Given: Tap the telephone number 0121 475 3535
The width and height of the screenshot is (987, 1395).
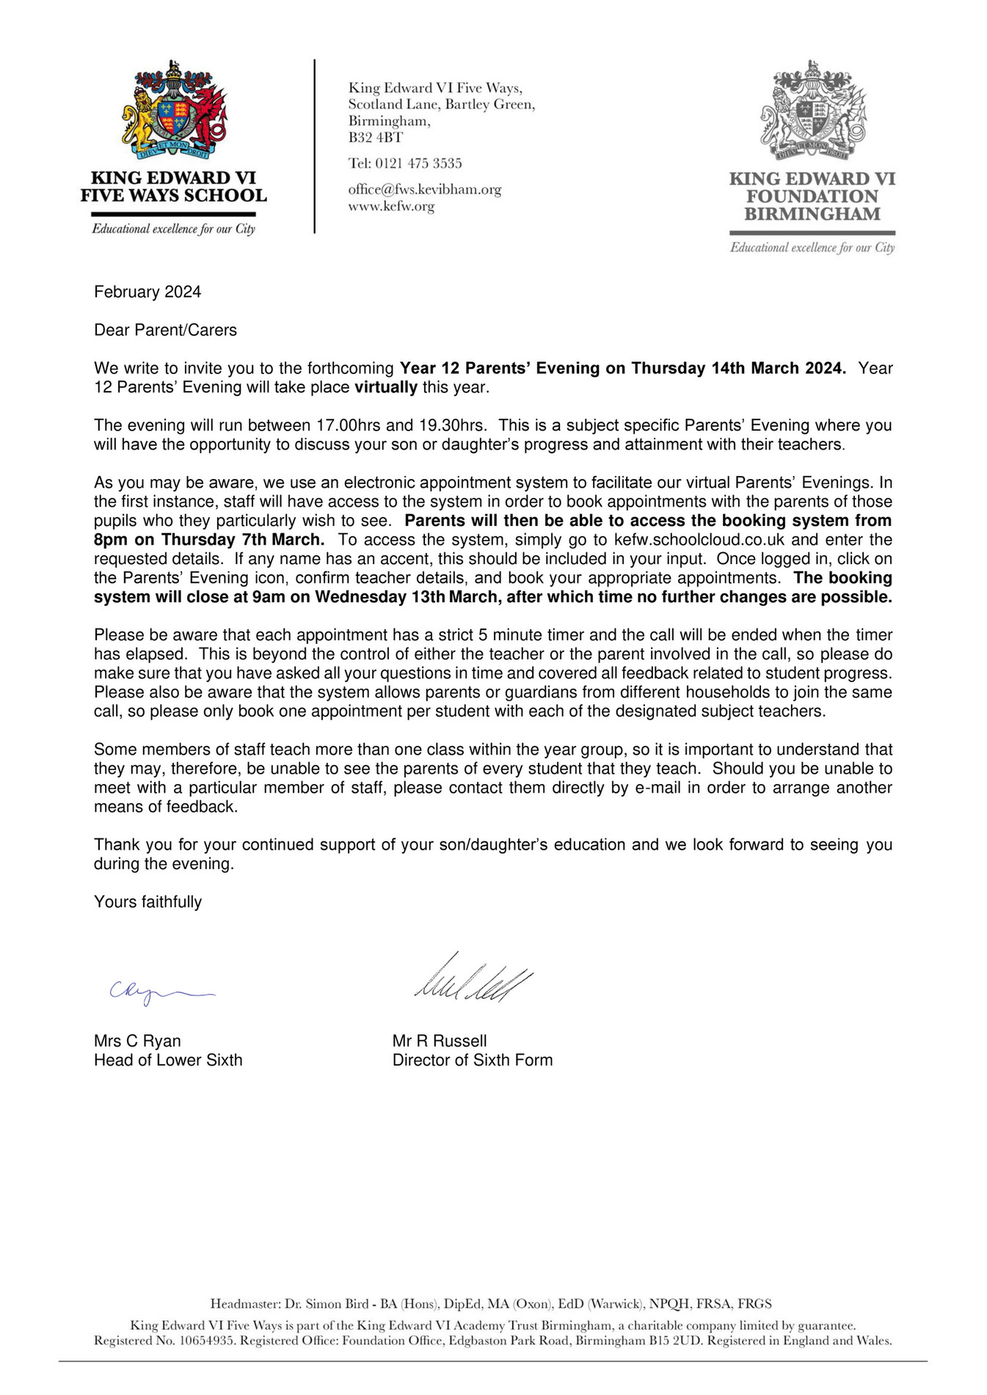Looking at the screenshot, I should tap(418, 164).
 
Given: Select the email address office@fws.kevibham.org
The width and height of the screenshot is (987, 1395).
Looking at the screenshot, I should tap(424, 189).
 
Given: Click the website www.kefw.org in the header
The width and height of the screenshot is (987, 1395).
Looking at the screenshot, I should tap(391, 207).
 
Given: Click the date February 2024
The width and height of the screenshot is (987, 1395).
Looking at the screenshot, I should tap(147, 292).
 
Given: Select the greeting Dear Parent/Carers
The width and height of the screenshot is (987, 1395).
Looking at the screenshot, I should tap(165, 330).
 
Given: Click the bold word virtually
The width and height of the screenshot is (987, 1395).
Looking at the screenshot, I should tap(386, 387).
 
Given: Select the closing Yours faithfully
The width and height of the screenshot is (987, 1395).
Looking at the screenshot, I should tap(147, 902).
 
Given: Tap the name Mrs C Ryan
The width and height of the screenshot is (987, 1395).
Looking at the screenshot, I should tap(137, 1041).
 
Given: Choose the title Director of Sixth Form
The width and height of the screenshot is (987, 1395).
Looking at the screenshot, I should tap(473, 1060).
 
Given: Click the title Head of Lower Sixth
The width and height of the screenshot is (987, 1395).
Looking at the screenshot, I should tap(168, 1060).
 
